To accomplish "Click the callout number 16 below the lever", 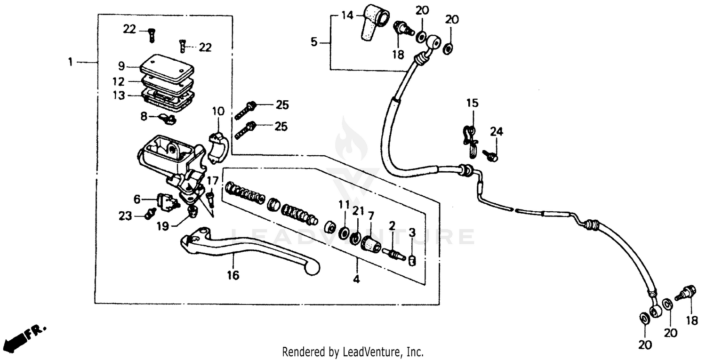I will point(233,275).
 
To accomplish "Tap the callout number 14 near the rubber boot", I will point(347,16).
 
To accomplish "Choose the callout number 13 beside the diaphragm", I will point(120,96).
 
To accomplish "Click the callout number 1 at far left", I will point(70,62).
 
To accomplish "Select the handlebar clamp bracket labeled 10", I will point(217,147).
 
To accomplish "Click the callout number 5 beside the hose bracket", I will point(314,42).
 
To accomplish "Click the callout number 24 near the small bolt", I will point(497,132).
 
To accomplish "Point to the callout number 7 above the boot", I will point(371,216).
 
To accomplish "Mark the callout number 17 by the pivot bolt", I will point(212,180).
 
